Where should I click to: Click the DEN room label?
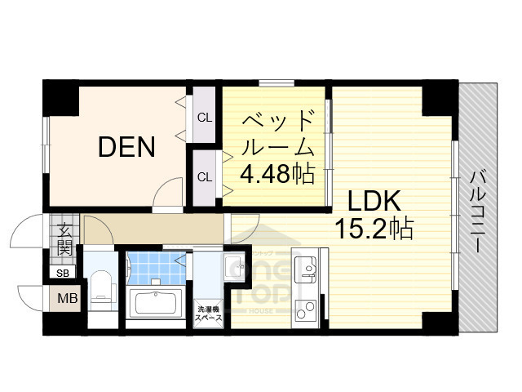(126, 147)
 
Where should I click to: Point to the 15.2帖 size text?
(374, 228)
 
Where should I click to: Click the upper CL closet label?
(204, 117)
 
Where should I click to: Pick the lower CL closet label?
(204, 176)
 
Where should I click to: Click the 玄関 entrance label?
(64, 237)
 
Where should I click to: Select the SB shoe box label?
(63, 273)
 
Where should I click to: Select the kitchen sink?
(307, 269)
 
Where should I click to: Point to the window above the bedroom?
(276, 82)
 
